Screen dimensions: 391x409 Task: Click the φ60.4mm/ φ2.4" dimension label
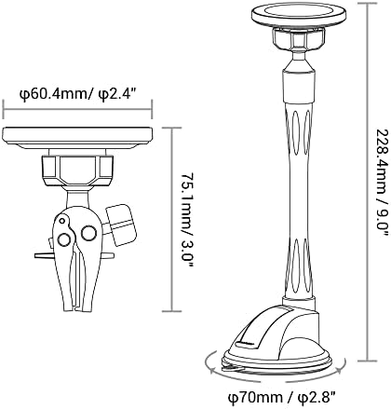pos(78,93)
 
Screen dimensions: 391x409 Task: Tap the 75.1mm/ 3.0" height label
pos(187,220)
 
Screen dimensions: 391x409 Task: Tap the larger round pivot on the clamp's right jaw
pos(88,233)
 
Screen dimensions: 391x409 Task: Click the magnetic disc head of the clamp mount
pos(77,137)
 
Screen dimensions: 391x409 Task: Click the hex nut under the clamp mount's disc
pos(77,170)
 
